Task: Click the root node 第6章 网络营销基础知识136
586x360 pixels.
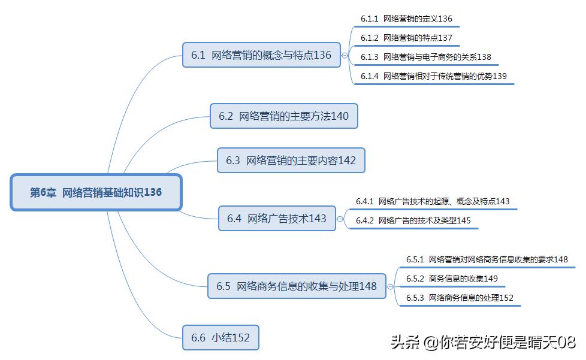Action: (96, 192)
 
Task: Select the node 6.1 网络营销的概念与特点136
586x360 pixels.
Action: (261, 55)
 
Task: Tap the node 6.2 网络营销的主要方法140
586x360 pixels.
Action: (283, 116)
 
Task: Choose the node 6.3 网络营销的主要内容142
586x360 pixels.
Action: (291, 161)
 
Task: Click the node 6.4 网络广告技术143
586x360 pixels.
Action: (277, 219)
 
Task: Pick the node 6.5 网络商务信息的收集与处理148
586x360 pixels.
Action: (297, 286)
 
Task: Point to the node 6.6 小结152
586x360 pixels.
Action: (220, 338)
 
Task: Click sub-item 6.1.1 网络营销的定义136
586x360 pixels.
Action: (406, 19)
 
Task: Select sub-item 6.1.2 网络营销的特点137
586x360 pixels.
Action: (406, 38)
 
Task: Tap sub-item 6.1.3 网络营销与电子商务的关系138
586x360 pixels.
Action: (425, 58)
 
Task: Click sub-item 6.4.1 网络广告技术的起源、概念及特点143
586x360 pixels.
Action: (433, 201)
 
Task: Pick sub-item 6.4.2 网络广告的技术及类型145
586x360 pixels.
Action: (413, 220)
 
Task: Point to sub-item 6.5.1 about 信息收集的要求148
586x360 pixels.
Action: (487, 259)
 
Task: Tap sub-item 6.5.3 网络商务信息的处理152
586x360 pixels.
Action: (460, 298)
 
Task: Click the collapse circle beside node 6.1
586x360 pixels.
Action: (345, 55)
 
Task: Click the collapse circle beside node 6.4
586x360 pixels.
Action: (340, 219)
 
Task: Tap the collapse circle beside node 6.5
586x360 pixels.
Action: (391, 286)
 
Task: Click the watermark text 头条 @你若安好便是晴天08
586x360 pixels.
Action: (483, 343)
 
